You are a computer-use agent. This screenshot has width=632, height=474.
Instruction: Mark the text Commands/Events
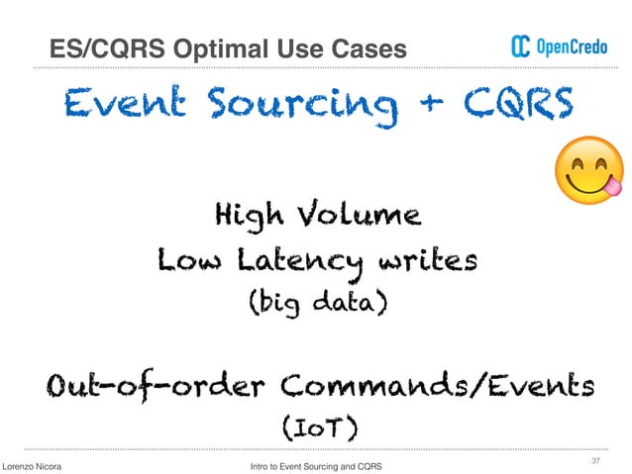[426, 385]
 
